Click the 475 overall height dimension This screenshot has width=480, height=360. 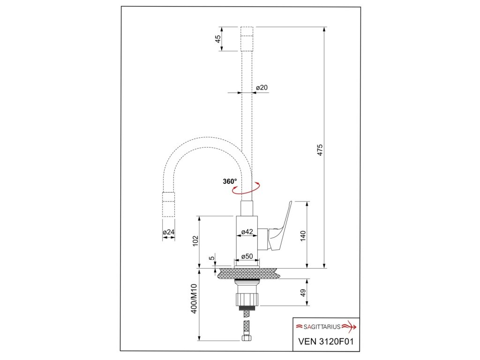(x=321, y=150)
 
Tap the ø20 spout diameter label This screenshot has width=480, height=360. (x=262, y=88)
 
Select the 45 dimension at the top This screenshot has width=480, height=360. (x=218, y=39)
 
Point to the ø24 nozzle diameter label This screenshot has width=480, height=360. (x=169, y=232)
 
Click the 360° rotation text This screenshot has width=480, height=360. (x=230, y=181)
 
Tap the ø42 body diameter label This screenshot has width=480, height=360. (x=247, y=232)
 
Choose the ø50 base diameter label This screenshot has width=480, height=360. (x=247, y=256)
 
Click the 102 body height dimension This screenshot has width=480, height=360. (x=195, y=240)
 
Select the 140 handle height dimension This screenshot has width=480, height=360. (x=303, y=235)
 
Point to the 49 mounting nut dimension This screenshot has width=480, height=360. (x=303, y=292)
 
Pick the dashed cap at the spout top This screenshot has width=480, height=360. (x=247, y=38)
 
